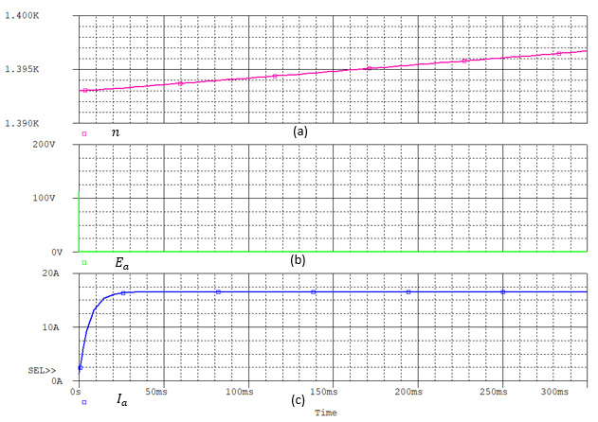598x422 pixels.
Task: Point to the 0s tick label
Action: [78, 391]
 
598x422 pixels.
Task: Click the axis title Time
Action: [326, 413]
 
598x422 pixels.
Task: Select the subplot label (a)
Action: [300, 132]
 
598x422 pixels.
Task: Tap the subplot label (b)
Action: [300, 258]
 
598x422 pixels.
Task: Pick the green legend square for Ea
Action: [83, 263]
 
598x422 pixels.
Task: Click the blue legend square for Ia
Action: [83, 402]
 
